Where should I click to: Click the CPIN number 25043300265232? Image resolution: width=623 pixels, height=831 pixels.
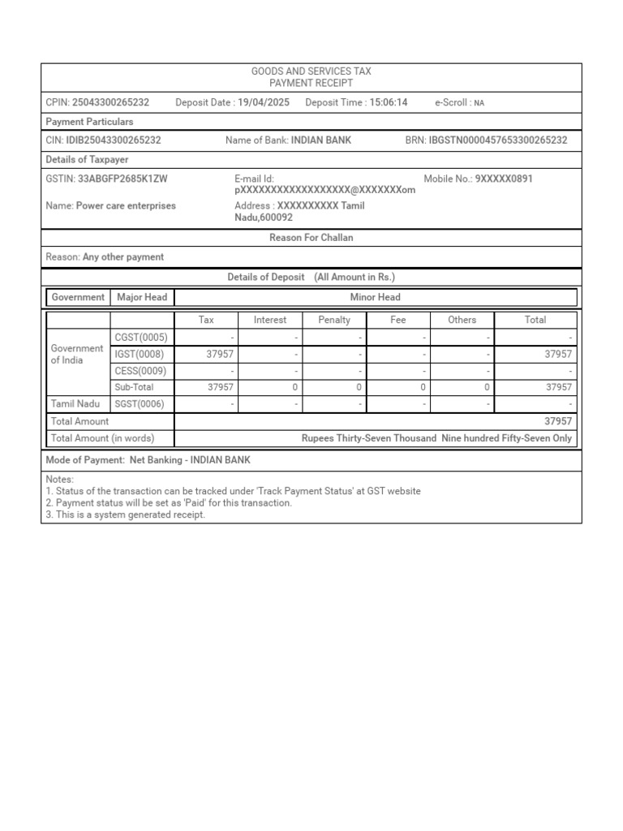[x=110, y=102]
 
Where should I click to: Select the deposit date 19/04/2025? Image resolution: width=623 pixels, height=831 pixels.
[x=264, y=102]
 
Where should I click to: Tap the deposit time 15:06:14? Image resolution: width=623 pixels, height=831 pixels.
[x=389, y=102]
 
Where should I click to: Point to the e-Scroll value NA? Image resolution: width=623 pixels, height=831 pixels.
[x=479, y=103]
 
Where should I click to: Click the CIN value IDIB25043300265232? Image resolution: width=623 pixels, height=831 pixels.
[x=114, y=140]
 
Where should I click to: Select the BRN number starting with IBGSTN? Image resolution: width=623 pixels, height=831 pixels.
[x=498, y=140]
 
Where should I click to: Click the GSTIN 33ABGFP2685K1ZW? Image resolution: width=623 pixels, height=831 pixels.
[x=122, y=179]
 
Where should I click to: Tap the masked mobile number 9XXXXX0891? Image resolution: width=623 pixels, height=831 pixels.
[x=504, y=179]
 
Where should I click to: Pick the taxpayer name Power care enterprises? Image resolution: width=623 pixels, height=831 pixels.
[x=126, y=206]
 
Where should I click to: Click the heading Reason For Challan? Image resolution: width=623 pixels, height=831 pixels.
[x=311, y=238]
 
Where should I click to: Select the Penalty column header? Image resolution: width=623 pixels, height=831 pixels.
[x=334, y=320]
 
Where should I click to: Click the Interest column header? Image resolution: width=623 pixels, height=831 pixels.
[x=270, y=320]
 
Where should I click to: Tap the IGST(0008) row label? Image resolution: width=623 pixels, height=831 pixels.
[x=140, y=354]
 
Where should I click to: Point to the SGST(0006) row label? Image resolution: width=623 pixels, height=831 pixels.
[x=140, y=403]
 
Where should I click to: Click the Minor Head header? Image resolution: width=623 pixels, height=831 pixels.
[x=375, y=297]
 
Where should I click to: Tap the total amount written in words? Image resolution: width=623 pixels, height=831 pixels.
[x=436, y=438]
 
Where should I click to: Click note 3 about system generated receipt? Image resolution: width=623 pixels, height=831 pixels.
[x=126, y=515]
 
